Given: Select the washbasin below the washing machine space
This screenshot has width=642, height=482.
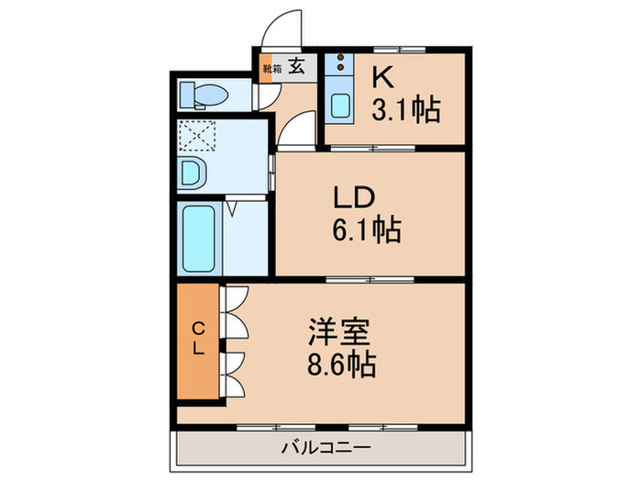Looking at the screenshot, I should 194,172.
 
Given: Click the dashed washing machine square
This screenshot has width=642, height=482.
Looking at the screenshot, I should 194,137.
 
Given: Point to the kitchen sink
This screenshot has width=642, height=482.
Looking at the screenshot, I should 341,105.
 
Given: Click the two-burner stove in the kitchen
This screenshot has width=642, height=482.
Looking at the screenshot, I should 340,64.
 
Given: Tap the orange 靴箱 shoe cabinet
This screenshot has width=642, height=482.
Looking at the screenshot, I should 266,69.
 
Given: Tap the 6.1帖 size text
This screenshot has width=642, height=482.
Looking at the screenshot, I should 367,230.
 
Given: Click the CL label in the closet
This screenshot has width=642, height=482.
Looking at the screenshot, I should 197,338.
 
